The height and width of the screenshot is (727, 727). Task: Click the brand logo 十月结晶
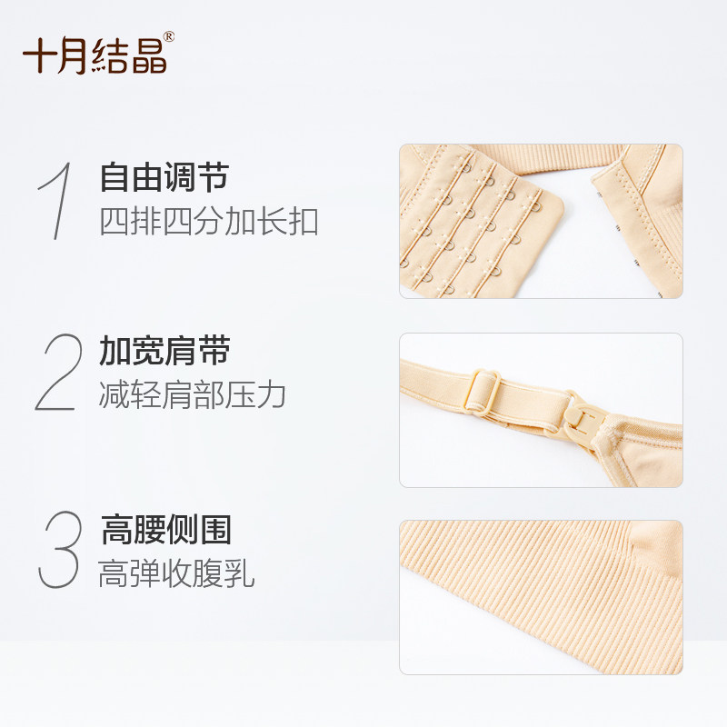[95, 55]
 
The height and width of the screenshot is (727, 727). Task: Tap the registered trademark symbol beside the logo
[169, 37]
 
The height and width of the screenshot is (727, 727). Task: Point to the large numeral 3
[59, 550]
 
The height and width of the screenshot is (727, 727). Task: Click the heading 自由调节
[164, 176]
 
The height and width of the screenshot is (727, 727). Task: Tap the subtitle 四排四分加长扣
[209, 222]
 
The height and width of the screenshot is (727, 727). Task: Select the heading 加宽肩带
[164, 350]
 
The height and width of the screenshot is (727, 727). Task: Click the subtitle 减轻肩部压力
[192, 395]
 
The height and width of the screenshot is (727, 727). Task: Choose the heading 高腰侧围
[166, 529]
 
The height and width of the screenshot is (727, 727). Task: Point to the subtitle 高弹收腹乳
[176, 573]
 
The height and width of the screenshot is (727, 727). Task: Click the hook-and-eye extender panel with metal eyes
[478, 224]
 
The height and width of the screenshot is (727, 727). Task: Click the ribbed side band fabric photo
[541, 597]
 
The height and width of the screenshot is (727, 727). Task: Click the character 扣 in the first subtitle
[304, 222]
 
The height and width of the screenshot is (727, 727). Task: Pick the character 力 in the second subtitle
[271, 395]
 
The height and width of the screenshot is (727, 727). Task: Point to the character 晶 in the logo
[149, 55]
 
